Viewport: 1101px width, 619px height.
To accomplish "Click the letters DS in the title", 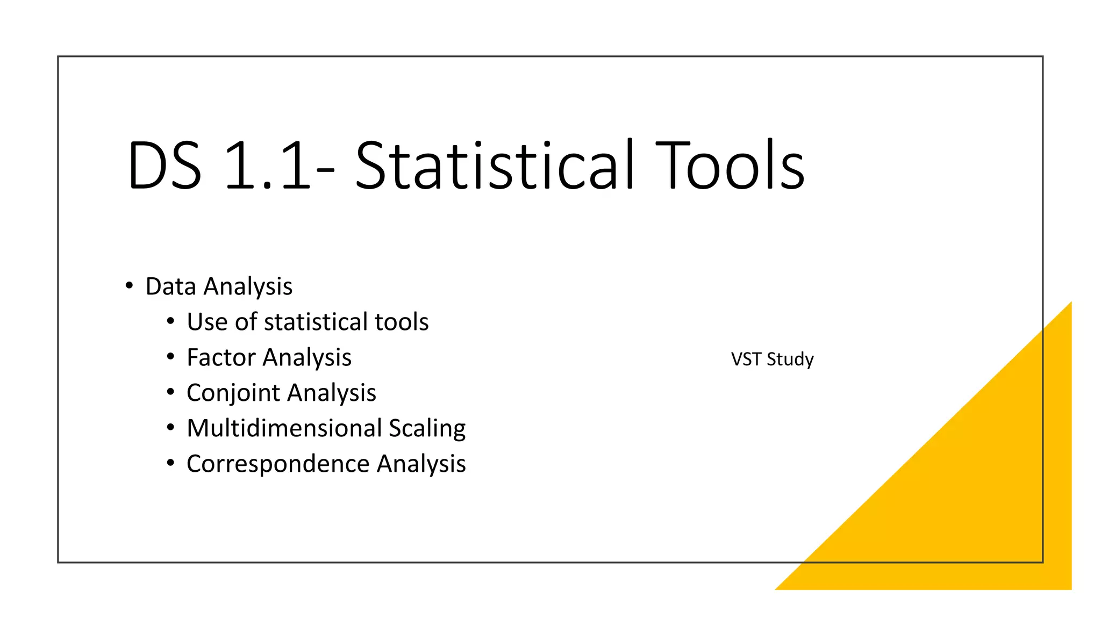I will pos(165,166).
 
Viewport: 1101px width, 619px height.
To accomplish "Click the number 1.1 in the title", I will pos(267,166).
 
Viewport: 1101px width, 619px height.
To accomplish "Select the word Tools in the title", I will pos(730,166).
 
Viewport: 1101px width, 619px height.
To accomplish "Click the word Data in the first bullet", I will pos(170,286).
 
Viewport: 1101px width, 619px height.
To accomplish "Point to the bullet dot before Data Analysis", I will pos(129,286).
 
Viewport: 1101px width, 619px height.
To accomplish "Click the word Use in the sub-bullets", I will pos(206,322).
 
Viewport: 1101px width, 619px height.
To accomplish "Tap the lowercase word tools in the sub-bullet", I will pos(402,322).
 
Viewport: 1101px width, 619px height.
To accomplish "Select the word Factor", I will pos(220,357).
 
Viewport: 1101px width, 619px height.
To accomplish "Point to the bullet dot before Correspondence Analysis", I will pos(170,463).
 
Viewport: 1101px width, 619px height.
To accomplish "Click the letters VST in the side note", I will pos(746,359).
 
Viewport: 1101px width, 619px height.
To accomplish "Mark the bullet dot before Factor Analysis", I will pos(170,357).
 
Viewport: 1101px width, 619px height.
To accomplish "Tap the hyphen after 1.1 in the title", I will pos(326,170).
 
